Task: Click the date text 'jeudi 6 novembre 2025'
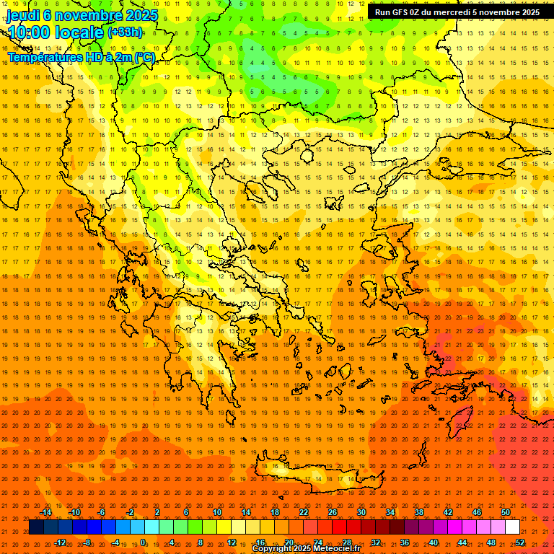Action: (x=82, y=14)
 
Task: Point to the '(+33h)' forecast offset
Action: (x=124, y=32)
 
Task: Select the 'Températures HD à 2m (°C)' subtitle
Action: (x=81, y=56)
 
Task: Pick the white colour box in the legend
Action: (x=512, y=527)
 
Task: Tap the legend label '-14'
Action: (x=45, y=512)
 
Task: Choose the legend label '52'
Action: (x=520, y=542)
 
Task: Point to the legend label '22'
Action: (x=304, y=512)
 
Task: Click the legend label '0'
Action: (x=143, y=542)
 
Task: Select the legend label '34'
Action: (x=390, y=512)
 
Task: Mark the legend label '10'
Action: (x=217, y=512)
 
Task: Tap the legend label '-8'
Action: (x=87, y=542)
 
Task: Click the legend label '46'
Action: (x=477, y=512)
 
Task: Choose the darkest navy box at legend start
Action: (x=36, y=527)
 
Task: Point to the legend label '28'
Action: (x=347, y=542)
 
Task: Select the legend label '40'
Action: (x=434, y=542)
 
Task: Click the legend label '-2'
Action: (x=130, y=512)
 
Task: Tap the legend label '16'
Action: (x=260, y=542)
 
